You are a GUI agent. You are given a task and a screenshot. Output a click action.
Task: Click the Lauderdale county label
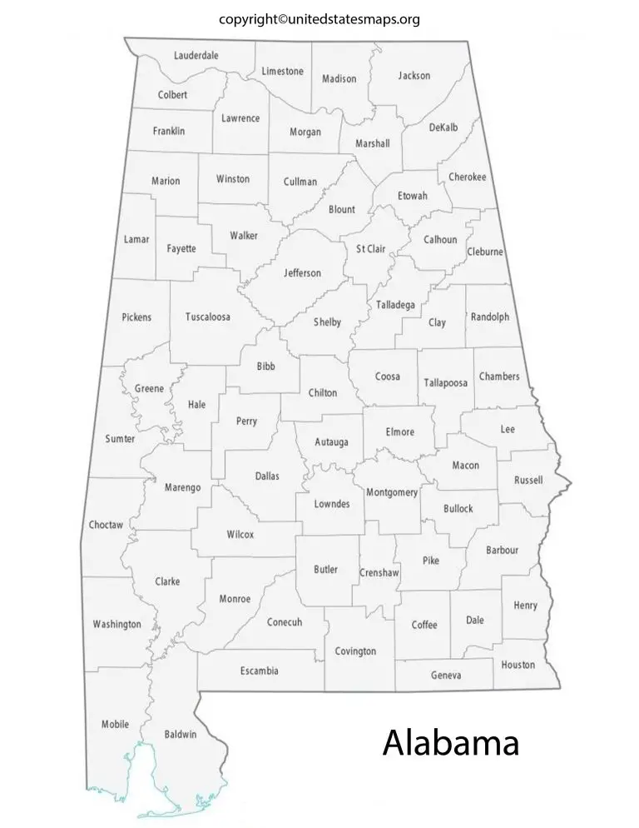pos(196,56)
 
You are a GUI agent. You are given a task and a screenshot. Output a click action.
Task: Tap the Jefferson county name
pos(302,273)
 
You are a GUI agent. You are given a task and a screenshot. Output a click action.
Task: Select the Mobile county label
pos(115,724)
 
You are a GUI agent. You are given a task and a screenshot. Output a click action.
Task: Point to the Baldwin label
pos(181,734)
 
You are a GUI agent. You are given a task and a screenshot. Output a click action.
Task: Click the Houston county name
pos(518,665)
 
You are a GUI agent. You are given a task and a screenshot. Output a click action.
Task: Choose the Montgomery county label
pos(391,492)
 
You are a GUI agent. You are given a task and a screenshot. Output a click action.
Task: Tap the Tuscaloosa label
pos(207,317)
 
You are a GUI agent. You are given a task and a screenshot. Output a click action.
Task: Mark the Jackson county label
pos(414,76)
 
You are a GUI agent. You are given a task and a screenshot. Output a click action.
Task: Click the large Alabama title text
pos(450,742)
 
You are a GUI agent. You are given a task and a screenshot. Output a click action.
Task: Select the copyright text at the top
pos(319,18)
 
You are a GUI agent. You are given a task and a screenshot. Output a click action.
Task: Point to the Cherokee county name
pos(467,177)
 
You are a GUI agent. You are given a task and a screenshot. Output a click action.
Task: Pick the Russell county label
pos(528,480)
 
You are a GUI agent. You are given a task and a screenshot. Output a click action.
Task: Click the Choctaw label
pos(106,525)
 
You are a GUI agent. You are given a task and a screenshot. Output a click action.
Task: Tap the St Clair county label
pos(371,249)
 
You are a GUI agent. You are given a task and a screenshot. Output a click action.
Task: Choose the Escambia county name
pos(259,671)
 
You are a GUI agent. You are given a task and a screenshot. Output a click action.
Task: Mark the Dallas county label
pos(267,476)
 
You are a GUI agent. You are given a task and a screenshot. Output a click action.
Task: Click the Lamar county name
pos(136,239)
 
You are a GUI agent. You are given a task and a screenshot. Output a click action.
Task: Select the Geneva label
pos(445,675)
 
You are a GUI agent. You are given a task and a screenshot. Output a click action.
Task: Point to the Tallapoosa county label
pos(446,382)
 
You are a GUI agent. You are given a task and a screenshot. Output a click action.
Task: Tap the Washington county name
pos(116,624)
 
